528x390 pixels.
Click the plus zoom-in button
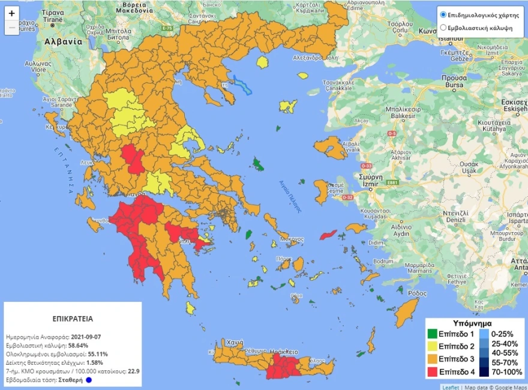(12, 13)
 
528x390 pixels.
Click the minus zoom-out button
(12, 28)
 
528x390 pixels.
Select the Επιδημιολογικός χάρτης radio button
(443, 14)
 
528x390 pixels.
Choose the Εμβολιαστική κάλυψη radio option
(443, 28)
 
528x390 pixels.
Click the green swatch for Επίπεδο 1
(432, 334)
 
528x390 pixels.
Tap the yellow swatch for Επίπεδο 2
(432, 346)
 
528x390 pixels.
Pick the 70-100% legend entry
(506, 372)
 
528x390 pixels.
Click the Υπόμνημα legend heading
(473, 322)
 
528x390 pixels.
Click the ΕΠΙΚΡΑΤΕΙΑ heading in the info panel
(73, 319)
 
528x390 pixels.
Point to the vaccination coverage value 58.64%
(77, 346)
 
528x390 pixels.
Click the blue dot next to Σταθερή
(89, 380)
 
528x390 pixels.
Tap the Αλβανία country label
(63, 42)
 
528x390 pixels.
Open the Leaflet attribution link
(450, 386)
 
